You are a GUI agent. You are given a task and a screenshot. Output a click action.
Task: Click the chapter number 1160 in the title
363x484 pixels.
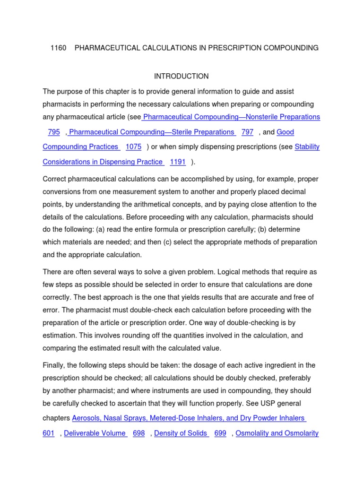point(59,48)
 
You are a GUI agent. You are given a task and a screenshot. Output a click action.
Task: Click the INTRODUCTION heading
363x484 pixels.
point(181,76)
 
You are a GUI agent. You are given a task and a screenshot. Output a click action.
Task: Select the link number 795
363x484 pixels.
point(53,132)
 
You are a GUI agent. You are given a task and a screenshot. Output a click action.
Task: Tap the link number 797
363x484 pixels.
point(247,132)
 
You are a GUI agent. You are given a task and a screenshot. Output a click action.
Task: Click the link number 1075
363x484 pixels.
point(133,147)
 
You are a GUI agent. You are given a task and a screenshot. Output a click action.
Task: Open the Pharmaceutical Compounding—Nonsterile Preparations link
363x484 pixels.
point(232,117)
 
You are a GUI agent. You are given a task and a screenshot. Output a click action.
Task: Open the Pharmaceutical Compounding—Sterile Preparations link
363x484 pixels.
point(152,132)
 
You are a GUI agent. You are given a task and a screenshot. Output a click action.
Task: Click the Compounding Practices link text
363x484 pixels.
point(81,147)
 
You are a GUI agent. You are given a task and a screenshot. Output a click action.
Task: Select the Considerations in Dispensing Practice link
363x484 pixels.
point(103,162)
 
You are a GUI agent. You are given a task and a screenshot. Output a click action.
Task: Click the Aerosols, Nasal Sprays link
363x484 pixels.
point(189,418)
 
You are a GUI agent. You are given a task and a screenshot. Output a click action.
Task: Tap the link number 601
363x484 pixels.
point(49,433)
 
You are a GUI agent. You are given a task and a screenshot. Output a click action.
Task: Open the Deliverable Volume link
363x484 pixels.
point(95,433)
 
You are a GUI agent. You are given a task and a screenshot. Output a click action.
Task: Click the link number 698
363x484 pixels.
point(138,433)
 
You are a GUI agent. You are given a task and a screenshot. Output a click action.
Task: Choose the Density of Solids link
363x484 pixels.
point(181,433)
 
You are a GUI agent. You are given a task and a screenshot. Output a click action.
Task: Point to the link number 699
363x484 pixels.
point(220,433)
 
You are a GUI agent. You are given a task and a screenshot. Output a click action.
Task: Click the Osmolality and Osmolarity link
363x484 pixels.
point(277,433)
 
